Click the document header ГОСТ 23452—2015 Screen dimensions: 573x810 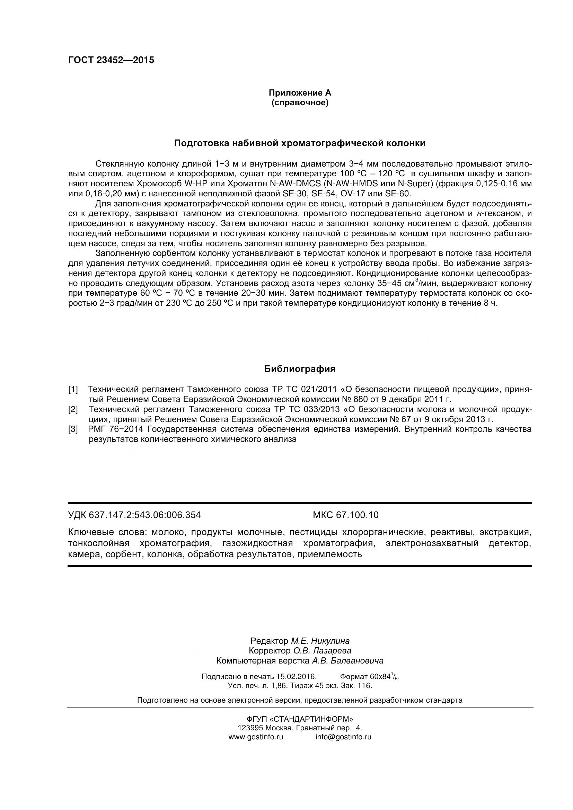click(x=111, y=60)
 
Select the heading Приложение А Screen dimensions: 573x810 click(x=300, y=93)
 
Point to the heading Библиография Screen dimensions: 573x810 click(x=300, y=369)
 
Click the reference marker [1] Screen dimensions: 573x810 click(x=73, y=390)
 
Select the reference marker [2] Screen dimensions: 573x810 click(x=73, y=409)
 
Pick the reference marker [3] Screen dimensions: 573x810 click(x=73, y=429)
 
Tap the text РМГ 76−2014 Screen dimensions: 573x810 click(x=116, y=429)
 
